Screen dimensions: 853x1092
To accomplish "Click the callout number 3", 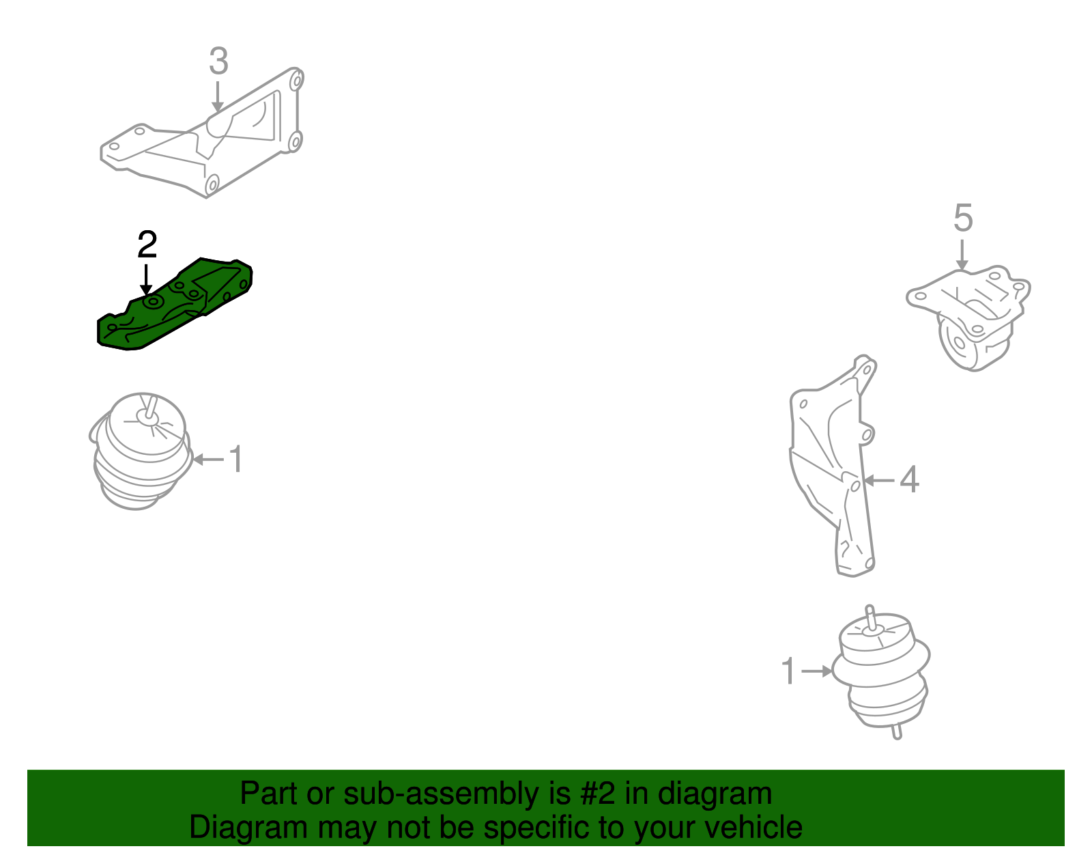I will (218, 61).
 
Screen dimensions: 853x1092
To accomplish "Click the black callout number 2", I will (147, 244).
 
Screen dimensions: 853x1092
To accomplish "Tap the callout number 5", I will (962, 219).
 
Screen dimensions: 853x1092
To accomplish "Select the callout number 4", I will (909, 479).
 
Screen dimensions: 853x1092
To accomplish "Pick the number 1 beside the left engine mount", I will (235, 459).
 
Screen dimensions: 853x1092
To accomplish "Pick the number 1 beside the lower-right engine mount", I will (788, 671).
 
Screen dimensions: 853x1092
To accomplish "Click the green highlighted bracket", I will (177, 304).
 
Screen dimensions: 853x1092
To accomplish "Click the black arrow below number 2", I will (146, 280).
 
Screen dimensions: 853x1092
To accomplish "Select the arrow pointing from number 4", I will (879, 480).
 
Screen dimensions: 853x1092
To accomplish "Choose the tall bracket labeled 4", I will (833, 471).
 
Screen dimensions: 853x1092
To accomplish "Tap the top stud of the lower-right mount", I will (870, 615).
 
